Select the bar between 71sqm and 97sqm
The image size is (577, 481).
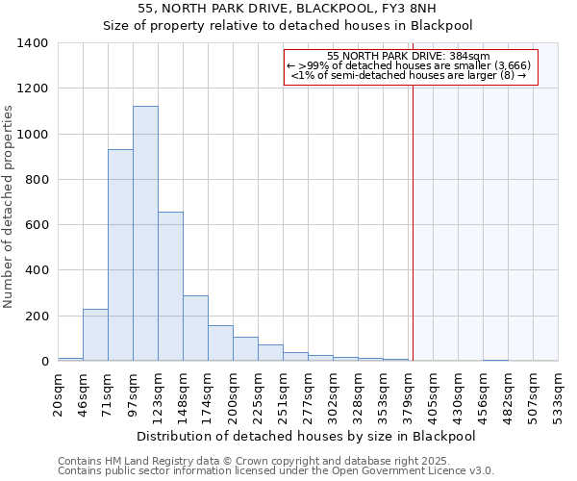[x=120, y=255]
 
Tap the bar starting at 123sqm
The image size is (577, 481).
[x=170, y=287]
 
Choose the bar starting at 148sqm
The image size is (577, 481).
[x=195, y=328]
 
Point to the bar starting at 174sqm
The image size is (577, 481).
[x=220, y=343]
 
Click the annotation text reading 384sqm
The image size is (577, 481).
[x=409, y=57]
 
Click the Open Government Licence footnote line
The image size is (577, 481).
[x=276, y=471]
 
